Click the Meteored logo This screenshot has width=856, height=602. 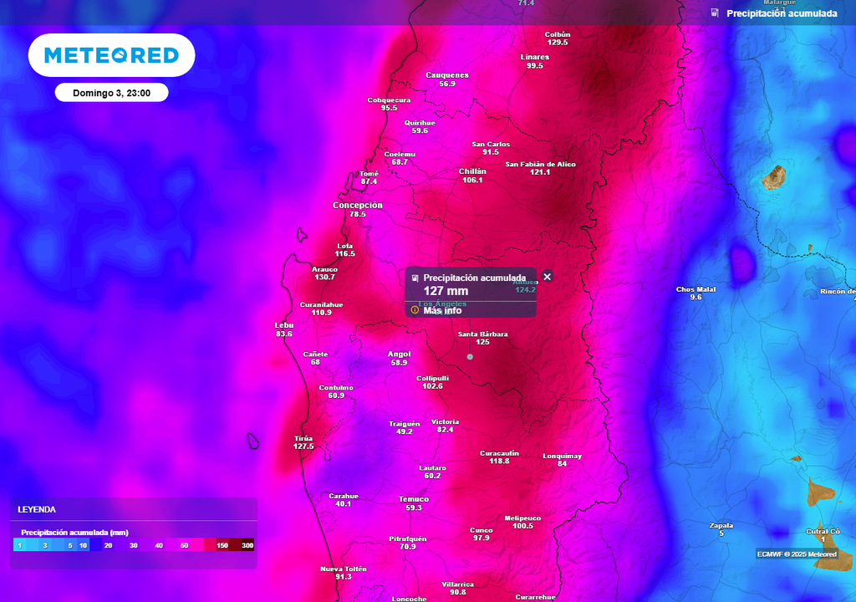pyautogui.click(x=111, y=55)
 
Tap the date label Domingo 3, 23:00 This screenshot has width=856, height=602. pyautogui.click(x=111, y=93)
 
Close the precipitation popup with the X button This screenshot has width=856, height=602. pyautogui.click(x=548, y=277)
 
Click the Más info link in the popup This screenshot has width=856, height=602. pyautogui.click(x=442, y=310)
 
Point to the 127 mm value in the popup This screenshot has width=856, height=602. pyautogui.click(x=446, y=291)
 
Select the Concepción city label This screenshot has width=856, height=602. pyautogui.click(x=358, y=205)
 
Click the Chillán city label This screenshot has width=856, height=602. pyautogui.click(x=472, y=171)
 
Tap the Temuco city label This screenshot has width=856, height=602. pyautogui.click(x=414, y=499)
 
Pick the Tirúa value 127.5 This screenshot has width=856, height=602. pyautogui.click(x=303, y=446)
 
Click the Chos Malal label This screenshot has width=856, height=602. pyautogui.click(x=695, y=289)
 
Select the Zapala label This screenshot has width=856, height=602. pyautogui.click(x=721, y=525)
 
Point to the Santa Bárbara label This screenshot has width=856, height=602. pyautogui.click(x=482, y=334)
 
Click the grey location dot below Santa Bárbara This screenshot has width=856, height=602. pyautogui.click(x=470, y=357)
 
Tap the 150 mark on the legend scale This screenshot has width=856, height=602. pyautogui.click(x=222, y=545)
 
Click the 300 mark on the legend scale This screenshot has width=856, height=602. pyautogui.click(x=247, y=545)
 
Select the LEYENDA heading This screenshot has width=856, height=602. pyautogui.click(x=37, y=509)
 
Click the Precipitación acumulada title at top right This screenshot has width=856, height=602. pyautogui.click(x=782, y=13)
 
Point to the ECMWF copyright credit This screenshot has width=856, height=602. pyautogui.click(x=797, y=554)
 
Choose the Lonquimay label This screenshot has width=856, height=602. pyautogui.click(x=562, y=456)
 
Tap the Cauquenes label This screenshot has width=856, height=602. pyautogui.click(x=447, y=75)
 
